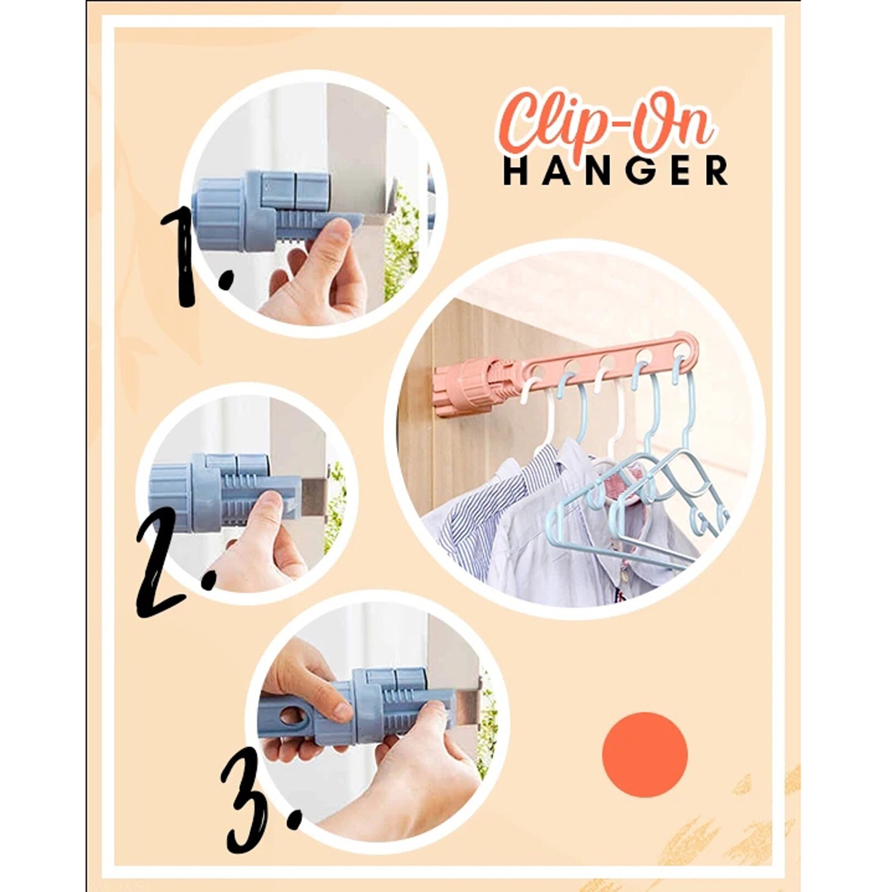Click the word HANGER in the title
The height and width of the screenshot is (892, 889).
coord(615,171)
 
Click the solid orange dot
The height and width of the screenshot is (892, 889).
coord(645,754)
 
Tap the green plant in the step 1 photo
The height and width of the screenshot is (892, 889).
coord(401,245)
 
